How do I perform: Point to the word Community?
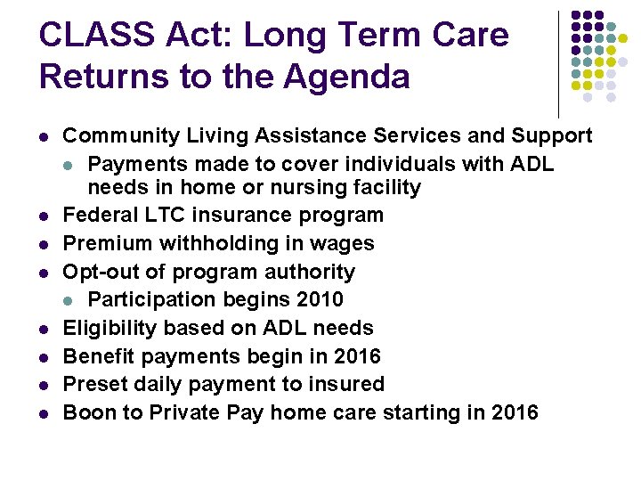122,135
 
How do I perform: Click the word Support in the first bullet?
553,135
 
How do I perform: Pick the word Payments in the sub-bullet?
133,164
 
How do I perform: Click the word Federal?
100,215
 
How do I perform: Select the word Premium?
106,243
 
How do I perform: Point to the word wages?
345,243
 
